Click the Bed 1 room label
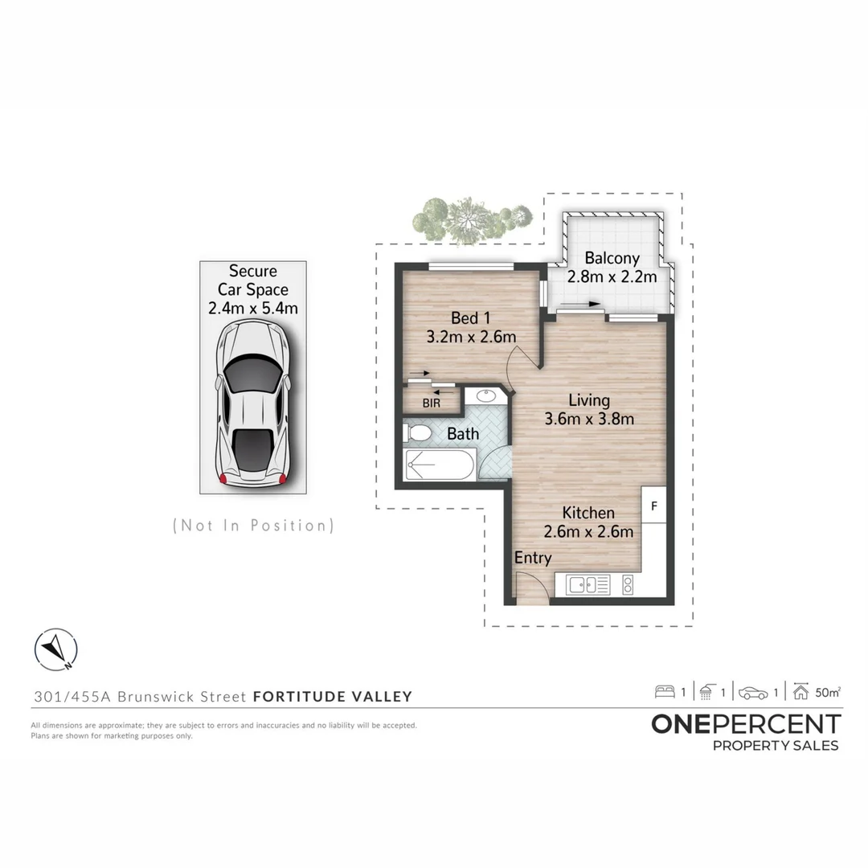click(x=470, y=318)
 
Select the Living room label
click(x=588, y=400)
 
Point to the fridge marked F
click(x=653, y=506)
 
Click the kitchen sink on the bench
click(x=588, y=585)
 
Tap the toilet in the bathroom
click(x=419, y=434)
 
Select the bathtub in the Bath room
click(x=440, y=465)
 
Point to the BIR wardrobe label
click(x=432, y=403)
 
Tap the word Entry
click(x=533, y=558)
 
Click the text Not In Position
click(x=253, y=526)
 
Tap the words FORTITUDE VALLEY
click(x=332, y=697)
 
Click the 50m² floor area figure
click(x=828, y=691)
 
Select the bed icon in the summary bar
click(x=665, y=691)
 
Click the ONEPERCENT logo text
click(x=746, y=723)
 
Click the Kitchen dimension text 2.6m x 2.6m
click(x=588, y=531)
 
